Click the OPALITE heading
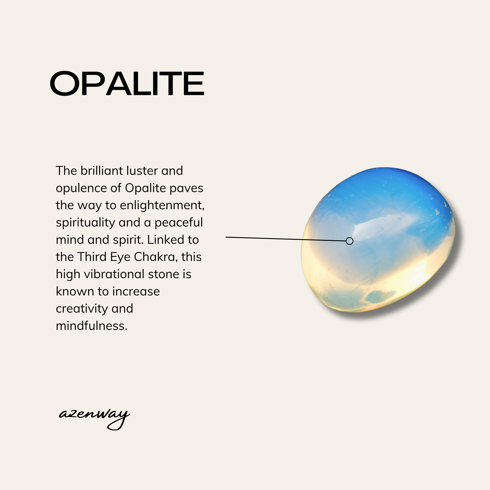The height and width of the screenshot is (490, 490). click(127, 83)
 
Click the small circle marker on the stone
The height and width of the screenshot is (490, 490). click(349, 241)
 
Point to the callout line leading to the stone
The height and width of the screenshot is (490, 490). click(286, 239)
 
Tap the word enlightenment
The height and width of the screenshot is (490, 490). click(162, 205)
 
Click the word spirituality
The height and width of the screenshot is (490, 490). click(85, 223)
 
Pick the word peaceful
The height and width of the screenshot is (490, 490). click(179, 223)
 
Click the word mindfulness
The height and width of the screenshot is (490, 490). click(92, 326)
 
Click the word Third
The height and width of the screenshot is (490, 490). click(92, 257)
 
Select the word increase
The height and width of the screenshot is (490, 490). click(136, 292)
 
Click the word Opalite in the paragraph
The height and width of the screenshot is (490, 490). click(145, 188)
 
